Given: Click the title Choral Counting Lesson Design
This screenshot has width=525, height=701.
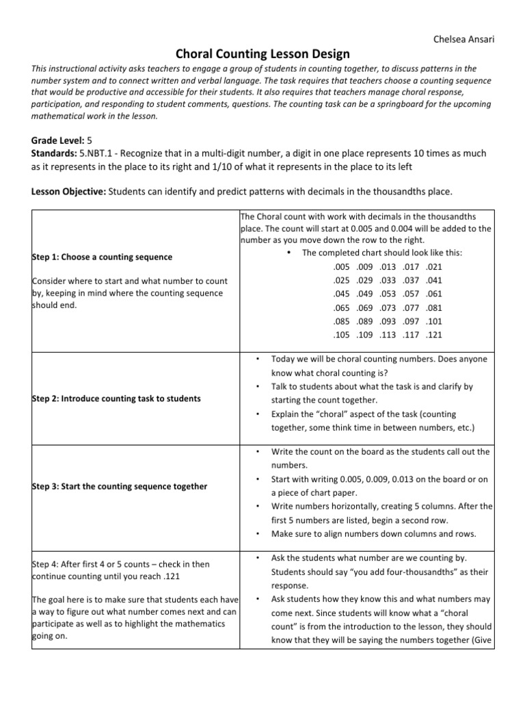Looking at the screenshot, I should tap(263, 53).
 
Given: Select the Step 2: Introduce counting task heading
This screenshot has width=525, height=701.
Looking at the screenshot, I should tap(117, 398).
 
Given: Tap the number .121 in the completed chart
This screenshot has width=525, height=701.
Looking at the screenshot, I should tap(435, 335).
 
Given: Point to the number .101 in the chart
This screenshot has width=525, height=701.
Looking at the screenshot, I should tap(435, 321).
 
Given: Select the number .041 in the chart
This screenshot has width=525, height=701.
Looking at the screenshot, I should tap(435, 280).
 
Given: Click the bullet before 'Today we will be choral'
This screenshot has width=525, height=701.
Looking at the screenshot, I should tap(256, 359).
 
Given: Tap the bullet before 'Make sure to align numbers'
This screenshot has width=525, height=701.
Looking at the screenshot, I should tap(256, 533).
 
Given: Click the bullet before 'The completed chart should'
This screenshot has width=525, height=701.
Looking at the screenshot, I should tap(291, 253).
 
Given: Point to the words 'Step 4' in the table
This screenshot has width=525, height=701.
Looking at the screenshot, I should tap(46, 564).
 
